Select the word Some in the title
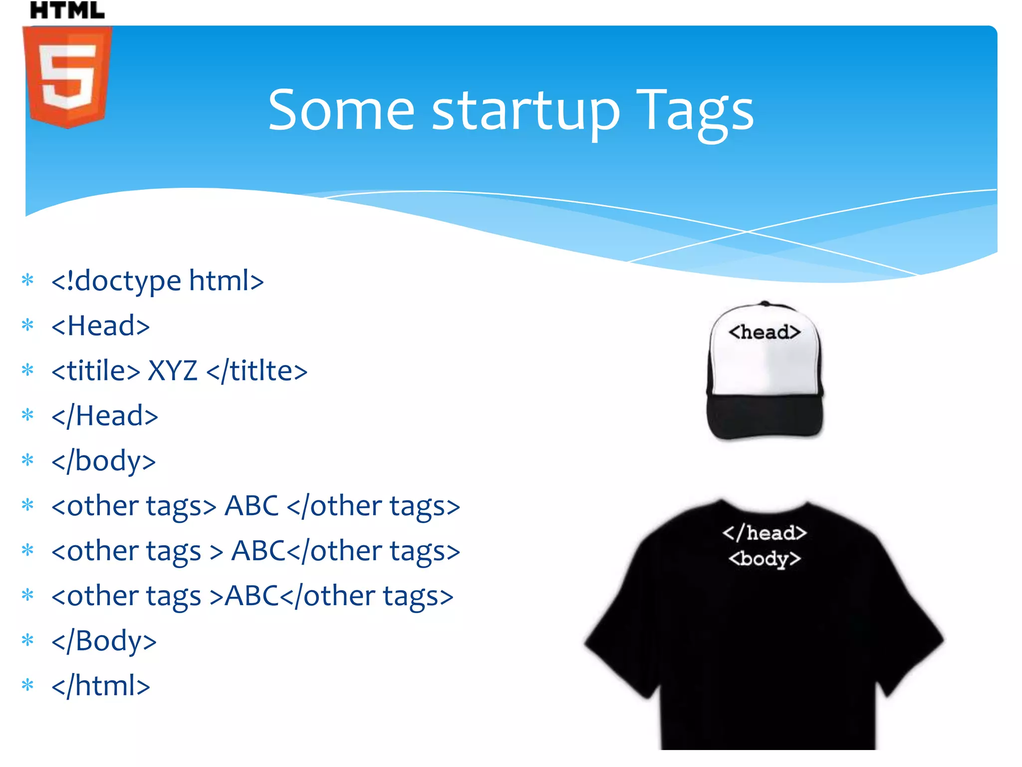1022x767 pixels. tap(341, 110)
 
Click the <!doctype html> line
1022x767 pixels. tap(158, 281)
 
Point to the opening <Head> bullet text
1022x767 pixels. tap(101, 326)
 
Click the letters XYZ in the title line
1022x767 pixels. tap(173, 371)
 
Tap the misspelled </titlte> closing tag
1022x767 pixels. tap(256, 371)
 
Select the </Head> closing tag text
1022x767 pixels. tap(105, 416)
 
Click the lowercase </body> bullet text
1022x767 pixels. tap(104, 461)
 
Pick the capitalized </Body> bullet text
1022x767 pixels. tap(104, 641)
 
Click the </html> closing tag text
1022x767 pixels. tap(101, 686)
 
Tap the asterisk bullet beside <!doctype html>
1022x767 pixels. tap(28, 280)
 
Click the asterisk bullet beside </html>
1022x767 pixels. tap(28, 684)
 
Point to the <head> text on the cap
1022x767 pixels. tap(765, 332)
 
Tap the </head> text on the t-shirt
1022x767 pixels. tap(765, 533)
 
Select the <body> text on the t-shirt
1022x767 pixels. tap(765, 558)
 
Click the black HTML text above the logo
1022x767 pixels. tap(67, 10)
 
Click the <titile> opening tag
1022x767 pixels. tap(96, 371)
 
